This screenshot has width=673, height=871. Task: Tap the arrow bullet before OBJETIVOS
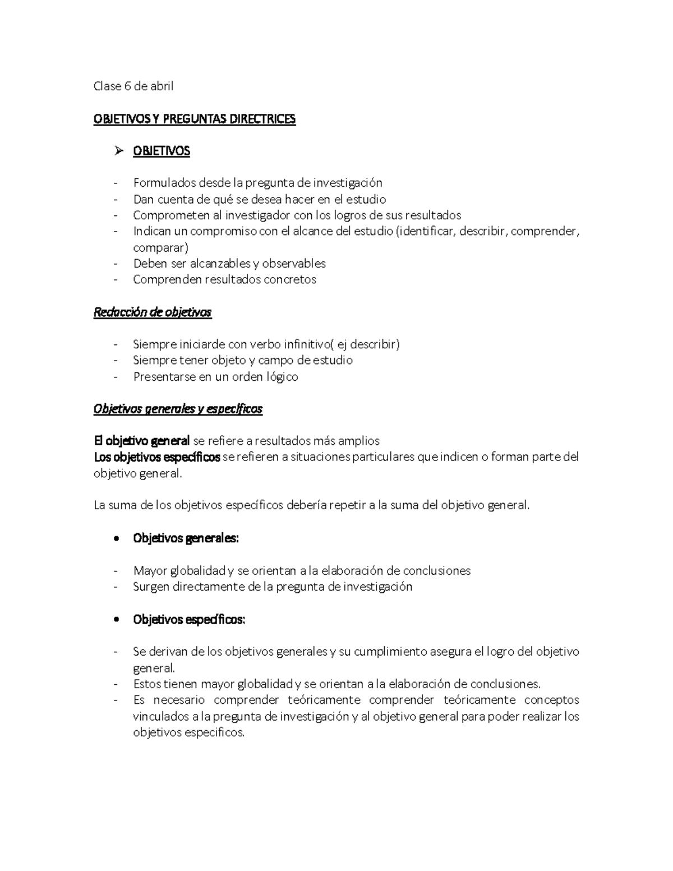(118, 151)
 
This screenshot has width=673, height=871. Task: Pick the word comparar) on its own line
(160, 247)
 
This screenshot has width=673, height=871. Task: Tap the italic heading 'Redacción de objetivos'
(153, 312)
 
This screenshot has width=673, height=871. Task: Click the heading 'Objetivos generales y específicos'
(178, 409)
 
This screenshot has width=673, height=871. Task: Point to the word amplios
(359, 441)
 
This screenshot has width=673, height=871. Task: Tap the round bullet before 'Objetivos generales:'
(116, 538)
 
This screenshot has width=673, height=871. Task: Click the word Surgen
(151, 587)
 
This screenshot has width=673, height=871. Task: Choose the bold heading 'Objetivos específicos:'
(189, 620)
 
